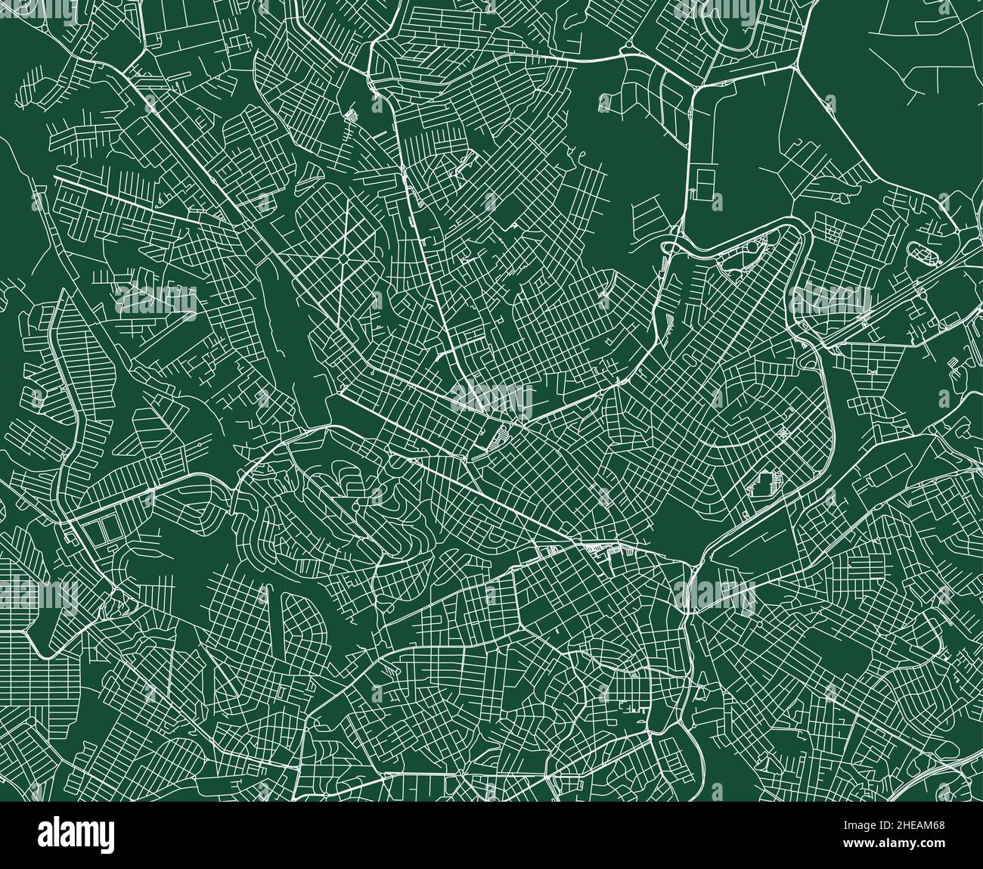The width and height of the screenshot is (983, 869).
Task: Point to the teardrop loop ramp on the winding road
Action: coord(668,247)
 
